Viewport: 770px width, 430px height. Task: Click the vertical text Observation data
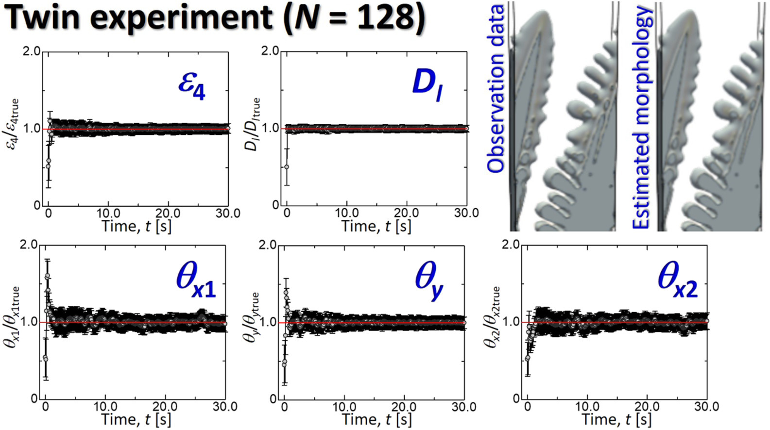coord(496,89)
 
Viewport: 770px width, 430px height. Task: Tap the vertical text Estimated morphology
coord(641,116)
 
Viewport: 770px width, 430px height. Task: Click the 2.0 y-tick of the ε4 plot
coord(32,51)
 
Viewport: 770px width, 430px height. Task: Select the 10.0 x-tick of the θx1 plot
coord(105,407)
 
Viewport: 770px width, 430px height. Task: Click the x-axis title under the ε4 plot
coord(137,226)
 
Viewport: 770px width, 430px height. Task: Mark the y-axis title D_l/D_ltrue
coord(254,124)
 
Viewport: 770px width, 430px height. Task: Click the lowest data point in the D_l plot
coord(287,167)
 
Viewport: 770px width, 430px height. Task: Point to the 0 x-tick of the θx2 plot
coord(528,407)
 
